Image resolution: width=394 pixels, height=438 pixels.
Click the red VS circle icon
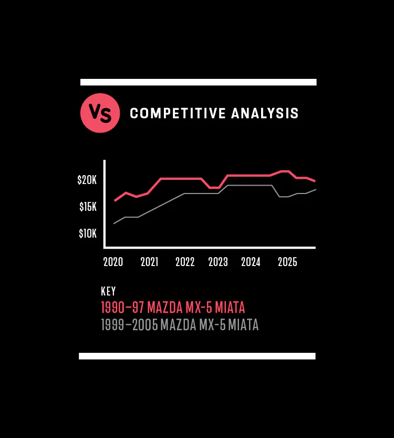click(x=100, y=113)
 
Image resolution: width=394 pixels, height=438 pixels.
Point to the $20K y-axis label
click(x=87, y=180)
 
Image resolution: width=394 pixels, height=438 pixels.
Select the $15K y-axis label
click(x=88, y=207)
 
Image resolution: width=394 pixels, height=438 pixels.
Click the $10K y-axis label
click(x=88, y=233)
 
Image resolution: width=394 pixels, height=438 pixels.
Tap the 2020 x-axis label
click(x=113, y=262)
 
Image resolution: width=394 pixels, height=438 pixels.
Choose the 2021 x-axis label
click(x=149, y=262)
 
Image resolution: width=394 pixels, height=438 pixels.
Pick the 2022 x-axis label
click(x=185, y=262)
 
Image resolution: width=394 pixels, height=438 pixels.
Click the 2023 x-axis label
click(x=218, y=262)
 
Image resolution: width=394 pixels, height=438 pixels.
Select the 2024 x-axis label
click(x=251, y=262)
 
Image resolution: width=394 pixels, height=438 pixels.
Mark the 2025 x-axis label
click(x=287, y=262)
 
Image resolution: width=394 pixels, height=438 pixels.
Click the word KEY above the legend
click(x=108, y=291)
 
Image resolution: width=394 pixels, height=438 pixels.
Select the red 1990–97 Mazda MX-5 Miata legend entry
click(x=173, y=307)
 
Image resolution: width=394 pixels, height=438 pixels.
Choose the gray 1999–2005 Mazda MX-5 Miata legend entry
click(x=180, y=325)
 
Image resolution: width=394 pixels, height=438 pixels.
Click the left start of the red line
click(x=115, y=200)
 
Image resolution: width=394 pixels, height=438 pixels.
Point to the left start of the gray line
click(x=114, y=223)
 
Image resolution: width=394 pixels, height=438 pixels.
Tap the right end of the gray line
click(x=315, y=189)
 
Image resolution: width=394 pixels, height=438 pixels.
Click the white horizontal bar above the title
click(x=198, y=82)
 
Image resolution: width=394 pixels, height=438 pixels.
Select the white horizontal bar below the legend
click(x=197, y=356)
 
